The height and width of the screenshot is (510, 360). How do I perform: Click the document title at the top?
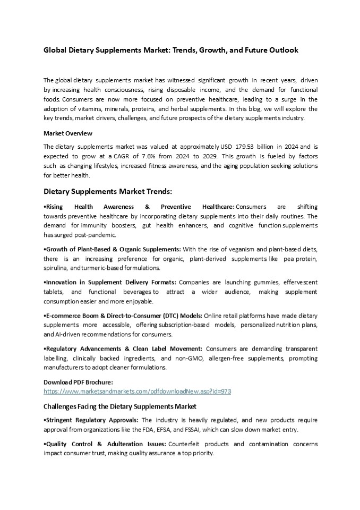pos(170,50)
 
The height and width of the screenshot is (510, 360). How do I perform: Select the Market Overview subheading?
pos(67,133)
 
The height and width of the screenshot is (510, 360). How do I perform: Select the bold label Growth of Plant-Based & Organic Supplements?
pos(113,249)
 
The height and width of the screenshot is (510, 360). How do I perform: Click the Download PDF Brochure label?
pos(78,382)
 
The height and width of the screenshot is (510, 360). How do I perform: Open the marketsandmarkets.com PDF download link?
pos(137,391)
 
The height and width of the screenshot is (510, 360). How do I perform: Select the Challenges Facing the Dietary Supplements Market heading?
pos(120,406)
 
